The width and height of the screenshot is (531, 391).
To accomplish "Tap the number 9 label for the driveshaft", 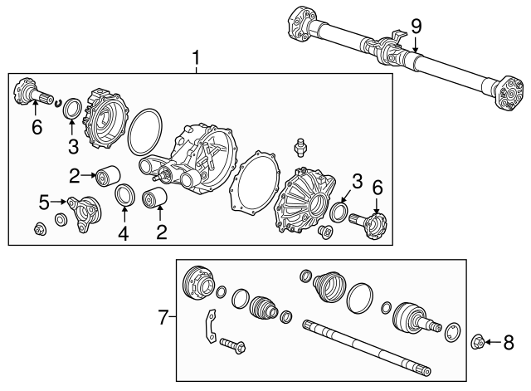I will coord(416,27).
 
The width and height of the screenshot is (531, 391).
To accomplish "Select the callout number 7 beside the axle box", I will coord(163,315).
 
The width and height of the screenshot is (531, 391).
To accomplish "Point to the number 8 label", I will coord(509,341).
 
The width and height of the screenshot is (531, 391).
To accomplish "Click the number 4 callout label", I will coord(123,234).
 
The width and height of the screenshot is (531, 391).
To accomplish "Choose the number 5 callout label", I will coord(44,201).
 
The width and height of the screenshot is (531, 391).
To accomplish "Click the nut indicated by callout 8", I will coord(480,341).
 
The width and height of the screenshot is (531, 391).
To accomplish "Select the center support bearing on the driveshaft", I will coord(392,51).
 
